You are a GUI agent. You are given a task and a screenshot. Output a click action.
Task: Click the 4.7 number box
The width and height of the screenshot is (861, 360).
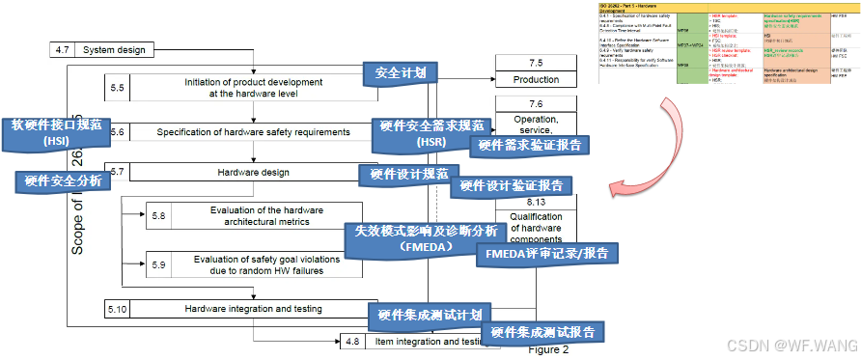[x=61, y=49]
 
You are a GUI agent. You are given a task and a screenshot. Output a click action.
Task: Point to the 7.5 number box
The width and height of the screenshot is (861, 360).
[x=536, y=63]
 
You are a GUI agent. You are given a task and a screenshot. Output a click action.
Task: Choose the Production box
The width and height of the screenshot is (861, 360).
[x=536, y=80]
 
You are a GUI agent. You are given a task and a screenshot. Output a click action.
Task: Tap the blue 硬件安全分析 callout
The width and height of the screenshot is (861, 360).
[x=56, y=180]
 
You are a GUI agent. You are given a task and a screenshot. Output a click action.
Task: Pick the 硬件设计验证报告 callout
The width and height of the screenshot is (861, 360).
[x=512, y=185]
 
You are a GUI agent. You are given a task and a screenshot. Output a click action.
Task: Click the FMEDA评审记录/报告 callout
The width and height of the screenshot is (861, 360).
[x=546, y=253]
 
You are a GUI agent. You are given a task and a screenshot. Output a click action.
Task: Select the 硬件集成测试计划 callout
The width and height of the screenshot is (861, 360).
[x=430, y=314]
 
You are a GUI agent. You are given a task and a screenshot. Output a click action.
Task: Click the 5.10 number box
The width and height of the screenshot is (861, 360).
[x=118, y=308]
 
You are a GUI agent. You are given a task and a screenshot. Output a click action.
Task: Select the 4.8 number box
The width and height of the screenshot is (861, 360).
[x=352, y=342]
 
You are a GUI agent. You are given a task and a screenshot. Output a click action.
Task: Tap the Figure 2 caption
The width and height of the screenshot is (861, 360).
[x=547, y=350]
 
